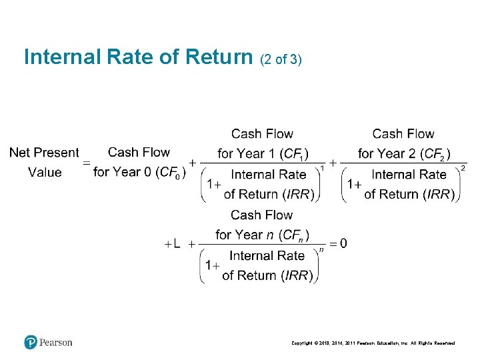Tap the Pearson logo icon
[x=31, y=342]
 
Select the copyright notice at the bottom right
[x=373, y=343]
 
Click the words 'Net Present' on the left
[x=44, y=153]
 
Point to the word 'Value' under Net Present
[x=45, y=173]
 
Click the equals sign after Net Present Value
[x=85, y=163]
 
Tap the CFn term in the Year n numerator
[x=295, y=235]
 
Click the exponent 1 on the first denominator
[x=323, y=168]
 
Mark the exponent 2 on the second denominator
[x=463, y=168]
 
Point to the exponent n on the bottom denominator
[x=321, y=249]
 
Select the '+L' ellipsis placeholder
[x=172, y=244]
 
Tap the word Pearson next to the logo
[x=56, y=343]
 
